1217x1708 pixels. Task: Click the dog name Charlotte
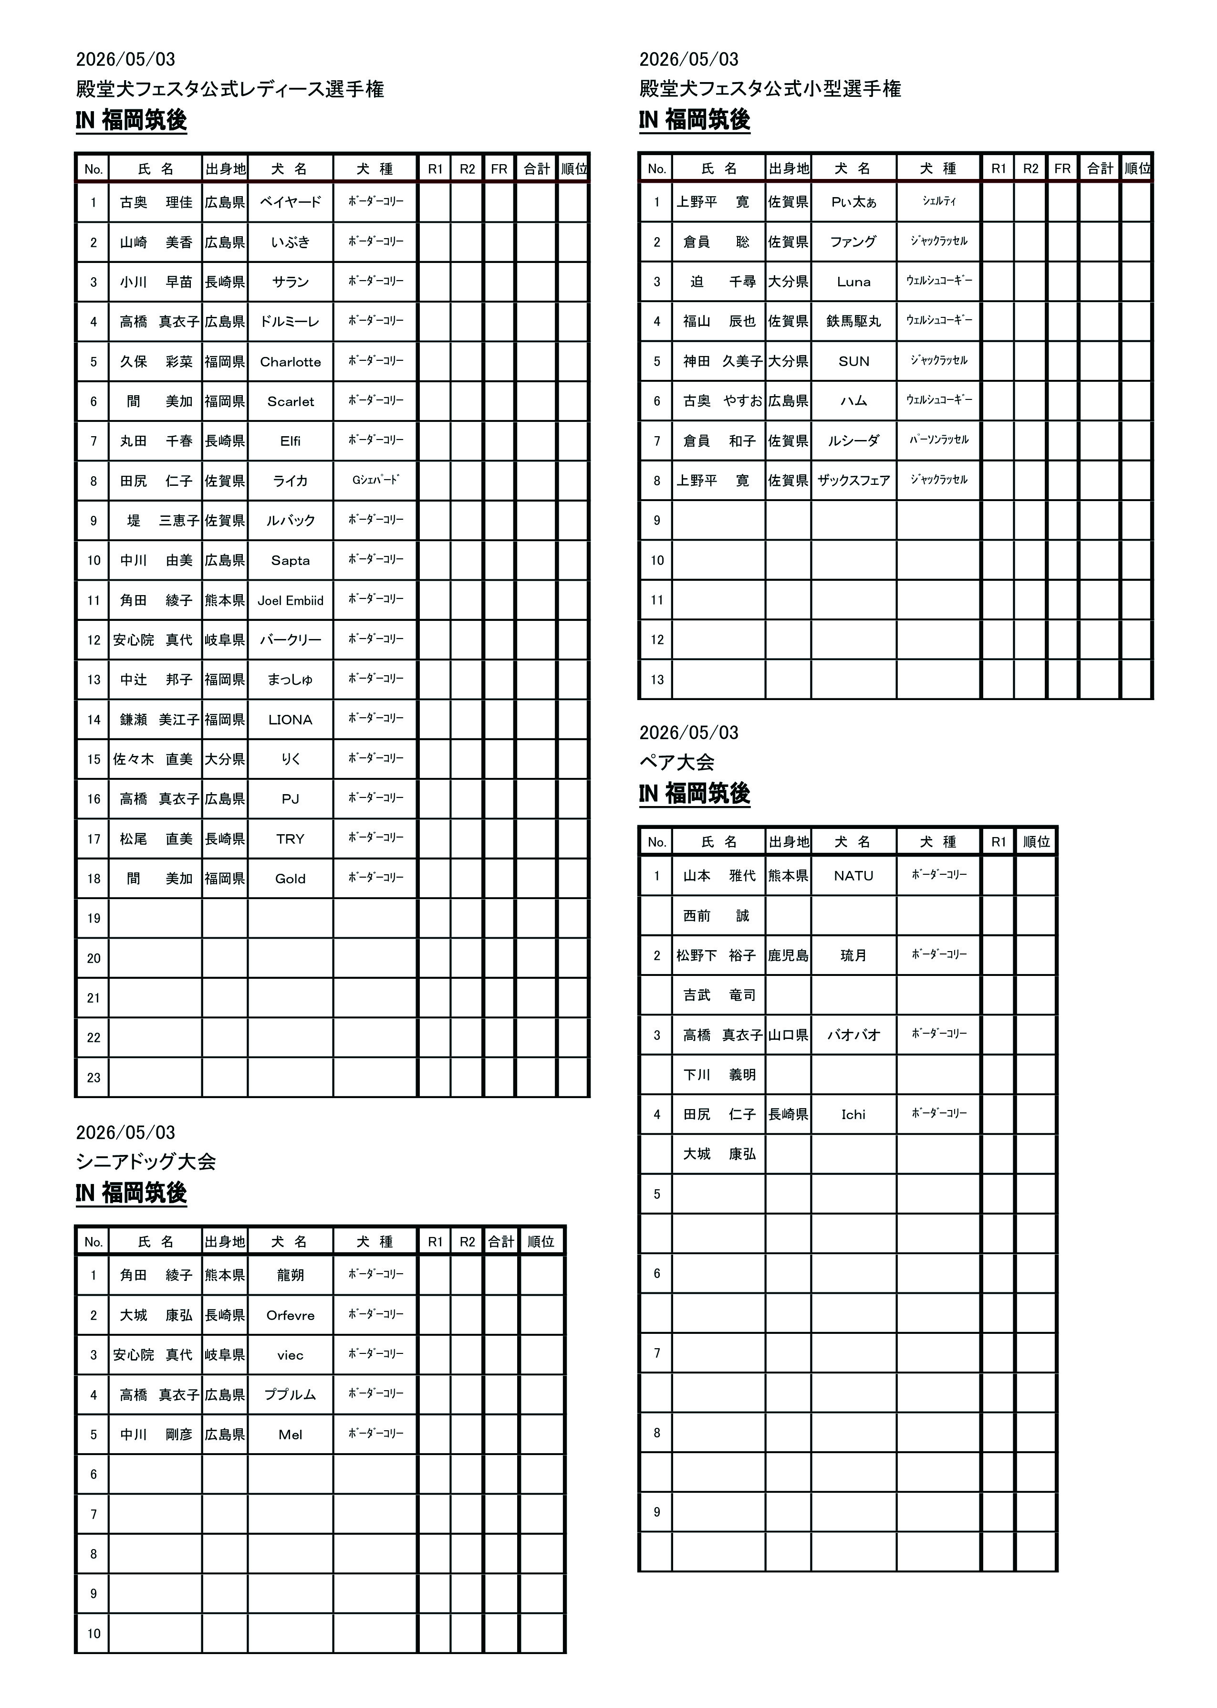coord(290,362)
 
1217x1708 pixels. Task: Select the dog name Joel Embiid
coord(290,600)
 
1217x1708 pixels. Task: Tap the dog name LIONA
coord(290,720)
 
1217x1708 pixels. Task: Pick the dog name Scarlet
coord(290,402)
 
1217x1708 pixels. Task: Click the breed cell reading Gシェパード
coord(375,481)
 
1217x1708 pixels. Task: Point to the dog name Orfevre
coord(290,1315)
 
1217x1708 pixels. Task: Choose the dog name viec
coord(290,1355)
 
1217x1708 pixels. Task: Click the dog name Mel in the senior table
coord(290,1435)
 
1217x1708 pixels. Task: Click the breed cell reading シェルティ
coord(939,201)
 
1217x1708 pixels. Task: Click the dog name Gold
coord(290,879)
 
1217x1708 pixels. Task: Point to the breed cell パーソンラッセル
coord(939,440)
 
